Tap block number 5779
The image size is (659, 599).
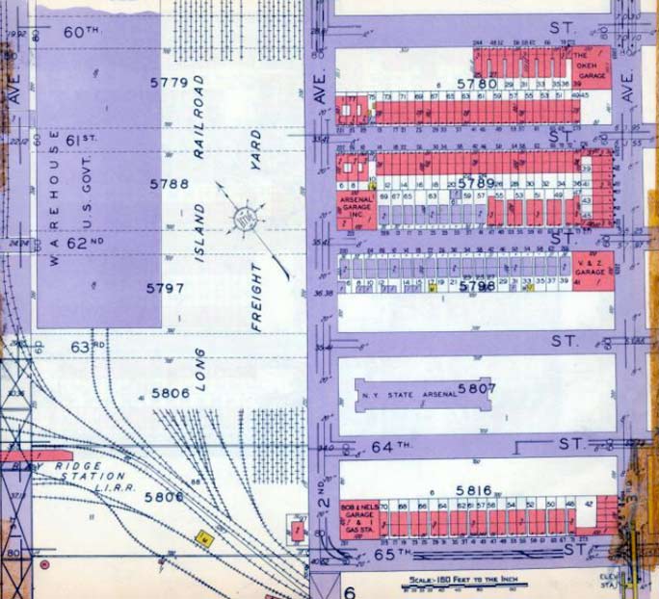tap(169, 83)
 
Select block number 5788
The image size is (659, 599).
tap(169, 183)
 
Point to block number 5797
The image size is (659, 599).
tap(166, 288)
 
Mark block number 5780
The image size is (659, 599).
tap(476, 84)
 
